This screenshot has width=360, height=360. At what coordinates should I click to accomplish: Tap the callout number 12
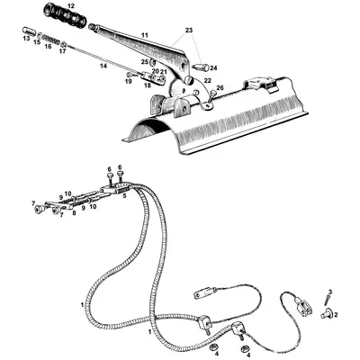point(70,5)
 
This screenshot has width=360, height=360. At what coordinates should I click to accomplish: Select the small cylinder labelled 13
point(29,31)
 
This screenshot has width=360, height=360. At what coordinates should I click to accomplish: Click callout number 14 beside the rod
point(103,66)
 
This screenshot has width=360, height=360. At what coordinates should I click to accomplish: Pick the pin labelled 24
point(201,67)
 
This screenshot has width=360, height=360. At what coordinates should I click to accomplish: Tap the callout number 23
point(189,31)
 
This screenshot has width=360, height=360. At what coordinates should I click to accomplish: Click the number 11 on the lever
point(145,35)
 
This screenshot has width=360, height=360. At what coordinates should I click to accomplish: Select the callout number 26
point(220,87)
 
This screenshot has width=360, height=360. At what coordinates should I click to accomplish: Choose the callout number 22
point(208,80)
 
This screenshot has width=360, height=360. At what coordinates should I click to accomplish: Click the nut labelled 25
point(152,62)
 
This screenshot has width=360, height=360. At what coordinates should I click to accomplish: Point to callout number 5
point(123,196)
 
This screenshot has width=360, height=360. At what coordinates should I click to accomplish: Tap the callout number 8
point(74,213)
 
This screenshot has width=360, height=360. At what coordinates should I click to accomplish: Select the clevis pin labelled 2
point(325,314)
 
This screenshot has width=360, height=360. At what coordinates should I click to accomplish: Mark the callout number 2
point(336,315)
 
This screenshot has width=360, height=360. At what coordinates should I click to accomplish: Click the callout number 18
point(148,85)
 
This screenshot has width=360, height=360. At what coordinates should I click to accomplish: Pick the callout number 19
point(129,81)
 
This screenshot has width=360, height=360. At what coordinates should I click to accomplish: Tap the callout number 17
point(62,51)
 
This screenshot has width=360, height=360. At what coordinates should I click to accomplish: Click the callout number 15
point(37,42)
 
